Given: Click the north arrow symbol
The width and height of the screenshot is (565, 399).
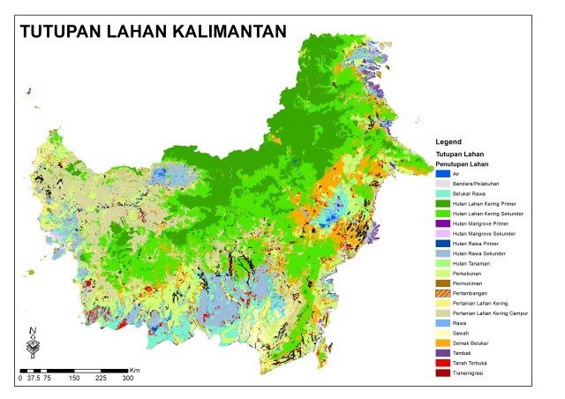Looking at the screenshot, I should [x=33, y=342].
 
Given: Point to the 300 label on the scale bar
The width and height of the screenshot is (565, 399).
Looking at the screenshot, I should [x=128, y=378].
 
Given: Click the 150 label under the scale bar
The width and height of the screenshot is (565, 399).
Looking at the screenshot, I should [x=74, y=378].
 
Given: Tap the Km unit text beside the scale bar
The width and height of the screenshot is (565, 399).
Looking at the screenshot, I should [x=134, y=369].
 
